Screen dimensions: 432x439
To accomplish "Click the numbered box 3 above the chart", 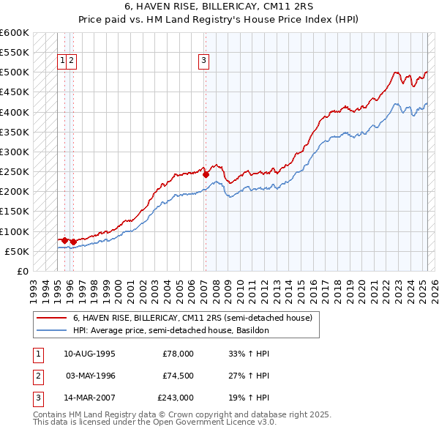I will [203, 62].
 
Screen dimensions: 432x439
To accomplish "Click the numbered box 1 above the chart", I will [63, 62].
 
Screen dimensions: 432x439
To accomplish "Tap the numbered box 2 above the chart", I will [72, 62].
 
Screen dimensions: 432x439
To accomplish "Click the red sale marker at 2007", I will [206, 175].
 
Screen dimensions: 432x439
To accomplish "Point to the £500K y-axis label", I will [14, 72].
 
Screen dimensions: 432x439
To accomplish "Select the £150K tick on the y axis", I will [14, 212].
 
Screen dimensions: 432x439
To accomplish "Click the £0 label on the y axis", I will [22, 272].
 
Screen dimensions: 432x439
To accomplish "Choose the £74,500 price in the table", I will [177, 376].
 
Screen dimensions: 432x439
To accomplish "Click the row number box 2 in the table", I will [37, 376].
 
